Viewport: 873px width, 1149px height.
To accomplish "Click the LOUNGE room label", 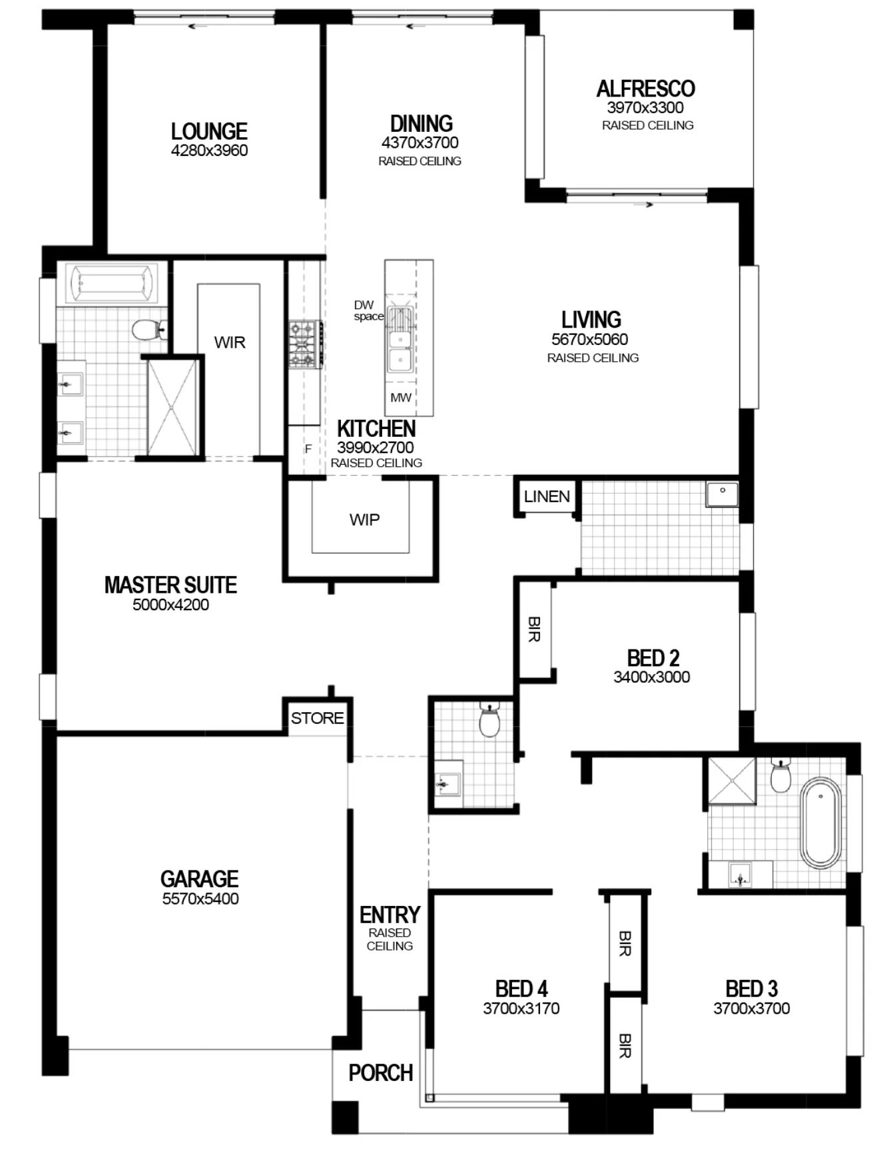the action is (209, 131).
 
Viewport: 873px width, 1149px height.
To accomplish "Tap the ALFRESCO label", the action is (645, 89).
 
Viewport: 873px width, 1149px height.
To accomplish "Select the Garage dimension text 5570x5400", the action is (200, 899).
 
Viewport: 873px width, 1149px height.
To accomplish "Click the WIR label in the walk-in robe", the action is (230, 342).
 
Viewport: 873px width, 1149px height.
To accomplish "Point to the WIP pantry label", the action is (364, 520).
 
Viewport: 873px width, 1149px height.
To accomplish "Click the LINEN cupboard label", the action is (547, 496).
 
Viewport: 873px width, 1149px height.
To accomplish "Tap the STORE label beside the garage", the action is (318, 718).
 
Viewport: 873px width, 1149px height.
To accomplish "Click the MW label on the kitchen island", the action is (401, 398).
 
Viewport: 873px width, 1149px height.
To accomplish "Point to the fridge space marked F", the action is (308, 449).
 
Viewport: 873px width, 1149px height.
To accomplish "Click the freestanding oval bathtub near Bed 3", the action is (819, 825).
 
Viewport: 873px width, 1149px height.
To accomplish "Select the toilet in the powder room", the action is (489, 721).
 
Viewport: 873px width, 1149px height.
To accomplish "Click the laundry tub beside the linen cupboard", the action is (722, 495).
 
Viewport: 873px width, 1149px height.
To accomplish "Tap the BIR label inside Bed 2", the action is (534, 629).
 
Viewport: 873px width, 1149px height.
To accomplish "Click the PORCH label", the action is (381, 1072).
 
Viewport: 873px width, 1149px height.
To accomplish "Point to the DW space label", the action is (368, 310).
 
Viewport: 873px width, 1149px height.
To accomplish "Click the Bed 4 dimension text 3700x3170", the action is (521, 1008).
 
